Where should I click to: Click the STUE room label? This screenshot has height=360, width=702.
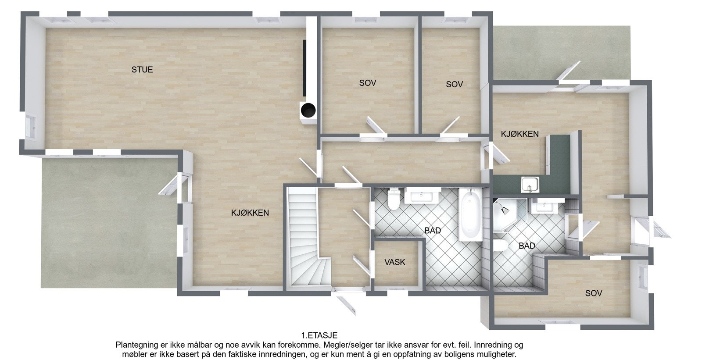[142, 69]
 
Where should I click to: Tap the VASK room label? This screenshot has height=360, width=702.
[395, 262]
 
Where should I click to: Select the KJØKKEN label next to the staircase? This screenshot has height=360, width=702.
[250, 213]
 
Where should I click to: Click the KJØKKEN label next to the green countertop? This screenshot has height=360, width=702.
[519, 134]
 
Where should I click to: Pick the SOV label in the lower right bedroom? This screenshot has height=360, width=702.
[593, 293]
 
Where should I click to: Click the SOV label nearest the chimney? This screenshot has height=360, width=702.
[367, 82]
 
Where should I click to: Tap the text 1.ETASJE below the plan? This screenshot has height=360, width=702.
[319, 336]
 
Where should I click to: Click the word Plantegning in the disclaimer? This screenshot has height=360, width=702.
[136, 345]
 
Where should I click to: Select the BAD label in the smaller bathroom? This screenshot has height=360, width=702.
[526, 246]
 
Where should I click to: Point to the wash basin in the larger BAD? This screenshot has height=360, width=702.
[423, 196]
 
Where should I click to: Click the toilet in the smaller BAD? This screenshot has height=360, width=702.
[500, 246]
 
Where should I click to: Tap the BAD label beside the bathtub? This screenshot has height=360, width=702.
[432, 231]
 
